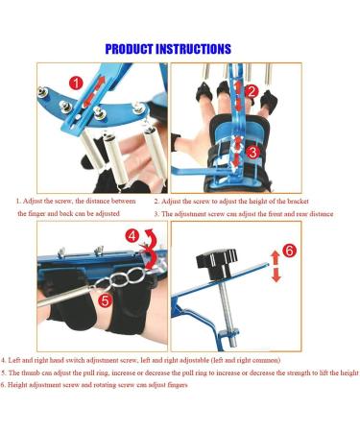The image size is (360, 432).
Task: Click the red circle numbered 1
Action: (76, 84)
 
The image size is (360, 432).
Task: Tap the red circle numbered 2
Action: (252, 91)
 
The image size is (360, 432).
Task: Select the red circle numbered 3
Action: (252, 153)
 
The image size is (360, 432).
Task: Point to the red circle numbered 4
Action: (132, 236)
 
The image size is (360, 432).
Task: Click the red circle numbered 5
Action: (106, 300)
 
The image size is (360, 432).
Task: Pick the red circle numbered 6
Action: (290, 251)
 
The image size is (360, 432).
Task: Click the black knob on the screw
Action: (217, 263)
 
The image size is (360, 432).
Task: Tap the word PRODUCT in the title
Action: (129, 49)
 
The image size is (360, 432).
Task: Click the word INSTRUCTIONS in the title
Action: (193, 49)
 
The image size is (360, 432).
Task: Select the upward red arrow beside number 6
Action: (276, 257)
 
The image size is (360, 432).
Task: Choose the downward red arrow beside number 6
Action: (276, 276)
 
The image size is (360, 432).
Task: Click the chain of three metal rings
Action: (122, 278)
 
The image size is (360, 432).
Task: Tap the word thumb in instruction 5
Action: (31, 372)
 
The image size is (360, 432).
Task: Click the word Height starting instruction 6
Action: (16, 385)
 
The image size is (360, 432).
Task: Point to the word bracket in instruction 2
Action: (298, 202)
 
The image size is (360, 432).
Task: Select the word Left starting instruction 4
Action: (14, 360)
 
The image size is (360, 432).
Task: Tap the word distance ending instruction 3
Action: (320, 214)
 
